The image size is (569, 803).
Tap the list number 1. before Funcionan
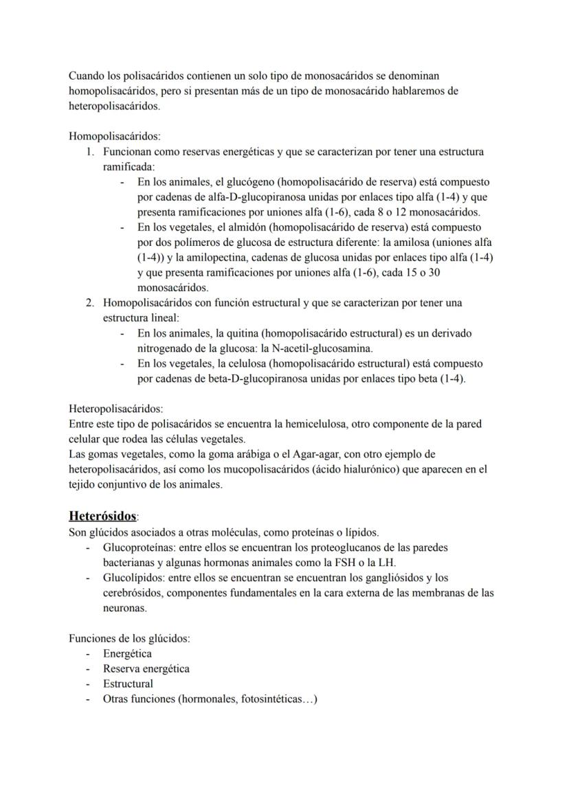[x=90, y=152]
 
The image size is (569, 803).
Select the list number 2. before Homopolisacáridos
[x=90, y=303]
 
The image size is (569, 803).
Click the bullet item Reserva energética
[x=146, y=668]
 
